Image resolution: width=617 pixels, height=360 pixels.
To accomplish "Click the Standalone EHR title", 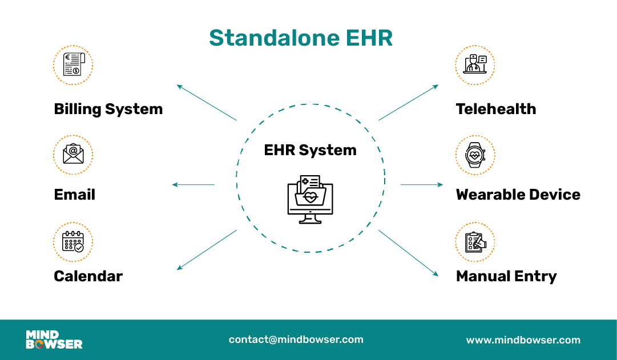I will click(301, 38).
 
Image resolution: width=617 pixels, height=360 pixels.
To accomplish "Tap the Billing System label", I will click(108, 109).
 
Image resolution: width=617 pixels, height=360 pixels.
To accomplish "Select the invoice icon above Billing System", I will click(73, 65).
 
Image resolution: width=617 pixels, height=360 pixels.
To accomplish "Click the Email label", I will click(74, 195).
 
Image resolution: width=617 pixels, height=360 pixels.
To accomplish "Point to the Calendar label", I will click(88, 276).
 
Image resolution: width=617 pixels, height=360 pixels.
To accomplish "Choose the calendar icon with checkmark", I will click(73, 242).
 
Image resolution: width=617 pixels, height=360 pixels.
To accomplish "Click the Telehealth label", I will click(495, 109).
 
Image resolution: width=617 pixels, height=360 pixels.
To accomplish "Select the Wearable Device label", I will click(518, 195).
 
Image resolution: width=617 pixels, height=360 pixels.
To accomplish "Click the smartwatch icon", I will click(475, 155).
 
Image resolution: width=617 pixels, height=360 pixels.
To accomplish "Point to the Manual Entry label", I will click(506, 276).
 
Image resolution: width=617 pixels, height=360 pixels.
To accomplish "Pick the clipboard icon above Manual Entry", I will click(475, 242).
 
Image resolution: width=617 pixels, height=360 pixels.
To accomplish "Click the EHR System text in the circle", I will click(310, 150).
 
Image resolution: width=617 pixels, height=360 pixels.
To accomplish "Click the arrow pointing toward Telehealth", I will click(408, 103).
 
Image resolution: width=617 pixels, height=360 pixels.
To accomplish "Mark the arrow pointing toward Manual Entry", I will click(408, 253).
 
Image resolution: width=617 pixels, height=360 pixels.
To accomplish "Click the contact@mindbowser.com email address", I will click(296, 339).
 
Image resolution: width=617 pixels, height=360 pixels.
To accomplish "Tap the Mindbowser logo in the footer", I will click(54, 339).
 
